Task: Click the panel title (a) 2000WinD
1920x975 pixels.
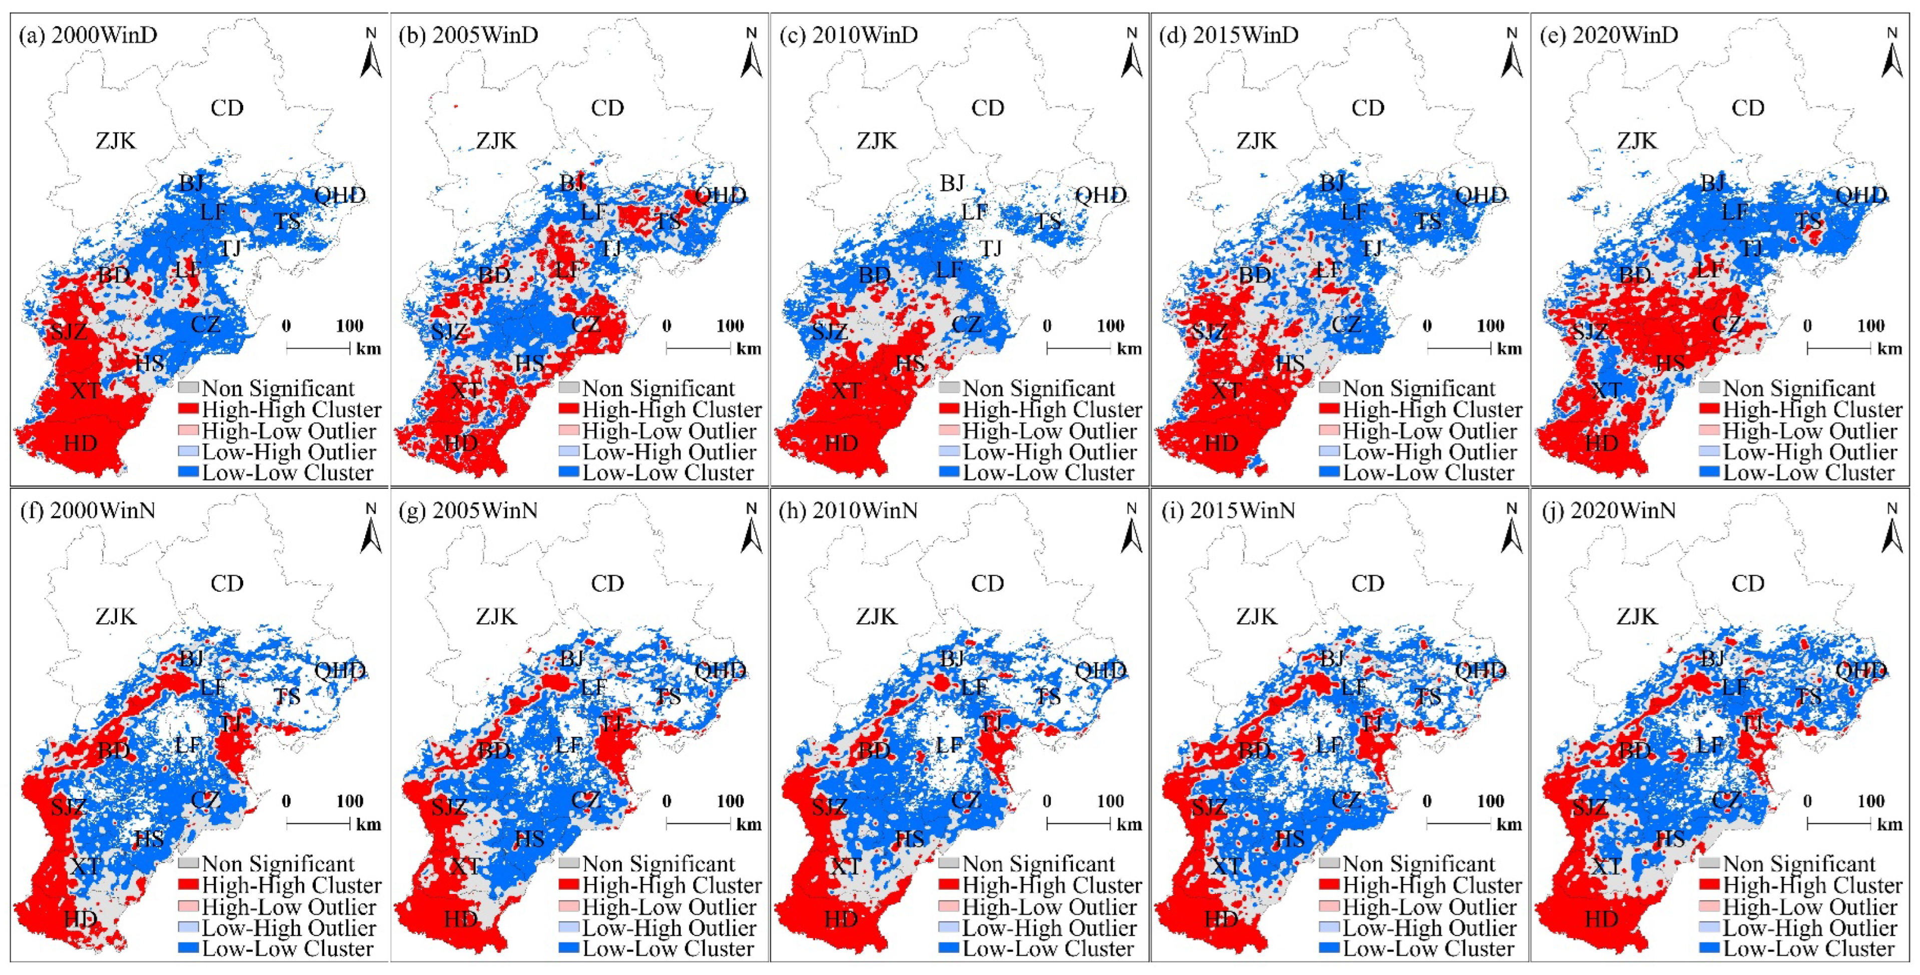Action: click(x=88, y=35)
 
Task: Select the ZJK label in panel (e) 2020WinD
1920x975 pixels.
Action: click(x=1637, y=140)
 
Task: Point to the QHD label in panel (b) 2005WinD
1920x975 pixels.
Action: click(x=720, y=195)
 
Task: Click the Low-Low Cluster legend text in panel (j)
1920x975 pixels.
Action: click(x=1808, y=949)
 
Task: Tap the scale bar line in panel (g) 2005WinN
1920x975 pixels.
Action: click(x=699, y=824)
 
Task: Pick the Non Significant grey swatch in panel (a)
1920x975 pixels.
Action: click(x=189, y=388)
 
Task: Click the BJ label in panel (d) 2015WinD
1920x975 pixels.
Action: click(x=1332, y=183)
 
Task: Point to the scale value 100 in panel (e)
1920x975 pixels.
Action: click(x=1870, y=326)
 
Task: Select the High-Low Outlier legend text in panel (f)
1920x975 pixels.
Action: click(x=289, y=907)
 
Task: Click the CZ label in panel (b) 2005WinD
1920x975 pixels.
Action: click(x=586, y=325)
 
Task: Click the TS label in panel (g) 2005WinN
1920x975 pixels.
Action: click(x=668, y=697)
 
